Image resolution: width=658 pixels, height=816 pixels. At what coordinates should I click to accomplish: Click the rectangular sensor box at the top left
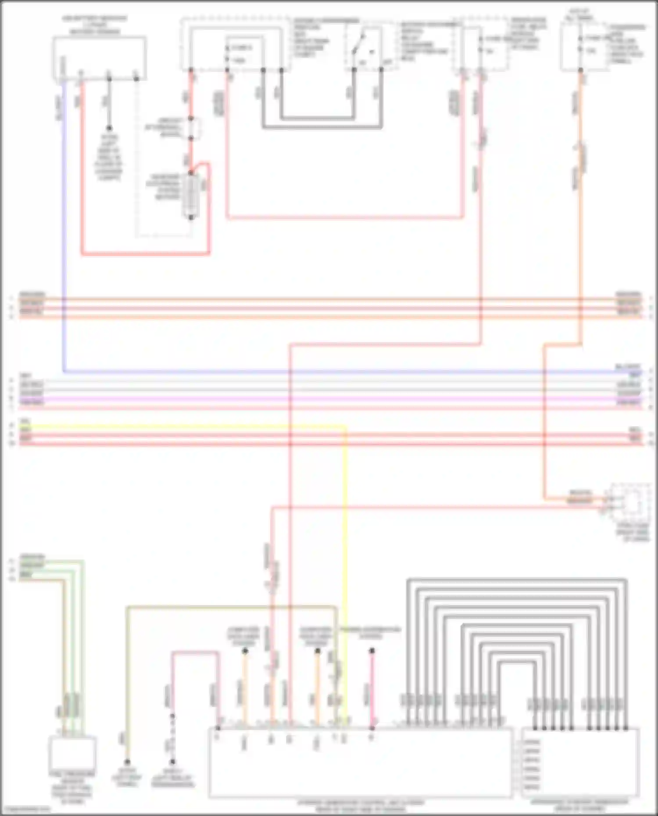99,58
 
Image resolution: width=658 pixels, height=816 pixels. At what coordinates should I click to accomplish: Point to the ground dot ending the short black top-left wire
109,128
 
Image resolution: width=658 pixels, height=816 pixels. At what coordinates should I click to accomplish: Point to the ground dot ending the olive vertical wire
127,762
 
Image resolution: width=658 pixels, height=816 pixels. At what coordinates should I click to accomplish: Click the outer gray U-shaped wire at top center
322,128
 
